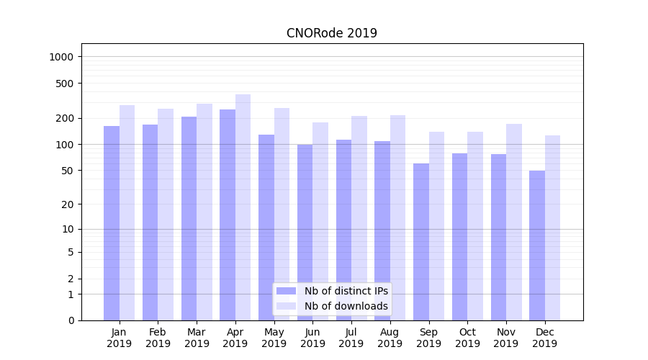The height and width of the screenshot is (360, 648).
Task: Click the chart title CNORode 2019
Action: (x=331, y=33)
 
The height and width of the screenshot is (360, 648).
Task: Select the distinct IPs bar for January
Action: (x=112, y=223)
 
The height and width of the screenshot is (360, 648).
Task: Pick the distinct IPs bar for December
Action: (x=537, y=246)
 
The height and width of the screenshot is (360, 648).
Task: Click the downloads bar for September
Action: (x=436, y=226)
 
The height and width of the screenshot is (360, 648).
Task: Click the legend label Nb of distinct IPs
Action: (x=346, y=291)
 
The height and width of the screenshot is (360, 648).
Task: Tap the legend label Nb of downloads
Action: (x=346, y=306)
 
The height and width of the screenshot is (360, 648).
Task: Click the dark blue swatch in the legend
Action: (x=286, y=291)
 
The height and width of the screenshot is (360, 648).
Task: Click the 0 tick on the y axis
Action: (x=71, y=320)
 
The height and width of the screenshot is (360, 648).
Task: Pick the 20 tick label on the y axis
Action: (x=68, y=204)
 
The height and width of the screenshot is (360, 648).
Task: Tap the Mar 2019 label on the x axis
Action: (x=197, y=338)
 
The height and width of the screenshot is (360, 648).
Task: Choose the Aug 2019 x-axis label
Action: (x=390, y=338)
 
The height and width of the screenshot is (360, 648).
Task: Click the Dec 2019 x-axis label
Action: (x=544, y=338)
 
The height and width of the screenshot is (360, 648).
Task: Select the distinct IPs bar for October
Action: (x=459, y=237)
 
